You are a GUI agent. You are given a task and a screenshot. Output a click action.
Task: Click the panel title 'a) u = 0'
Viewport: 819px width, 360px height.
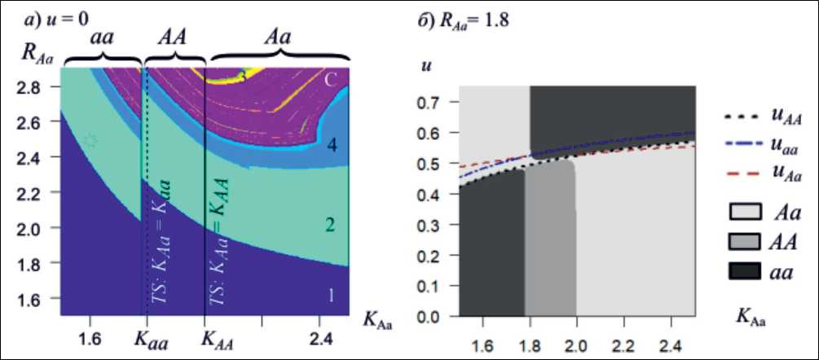point(58,17)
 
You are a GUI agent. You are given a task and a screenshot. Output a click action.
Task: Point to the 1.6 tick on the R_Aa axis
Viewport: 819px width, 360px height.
point(38,301)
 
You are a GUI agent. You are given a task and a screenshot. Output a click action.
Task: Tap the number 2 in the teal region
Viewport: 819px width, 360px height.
point(330,225)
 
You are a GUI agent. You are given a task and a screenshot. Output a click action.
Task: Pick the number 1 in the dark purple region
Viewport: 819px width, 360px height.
point(331,296)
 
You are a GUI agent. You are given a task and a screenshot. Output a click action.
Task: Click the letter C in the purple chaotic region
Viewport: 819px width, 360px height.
point(331,80)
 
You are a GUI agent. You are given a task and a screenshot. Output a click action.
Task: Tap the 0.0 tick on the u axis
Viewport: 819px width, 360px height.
point(435,315)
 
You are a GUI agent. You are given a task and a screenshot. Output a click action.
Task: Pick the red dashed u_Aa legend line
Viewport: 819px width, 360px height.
point(738,173)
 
